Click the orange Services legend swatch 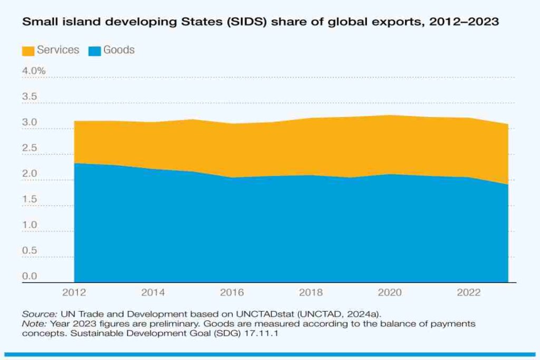pos(27,51)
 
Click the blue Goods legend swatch pos(94,51)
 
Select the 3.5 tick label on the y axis pos(30,97)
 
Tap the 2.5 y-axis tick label pos(30,148)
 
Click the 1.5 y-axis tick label pos(30,199)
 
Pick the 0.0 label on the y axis pos(30,276)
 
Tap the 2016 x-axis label pos(232,293)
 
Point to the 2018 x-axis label pos(311,293)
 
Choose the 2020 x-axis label pos(390,293)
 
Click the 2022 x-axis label pos(469,293)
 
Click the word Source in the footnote pos(39,313)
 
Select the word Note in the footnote pos(33,323)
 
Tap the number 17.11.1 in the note pos(220,332)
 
